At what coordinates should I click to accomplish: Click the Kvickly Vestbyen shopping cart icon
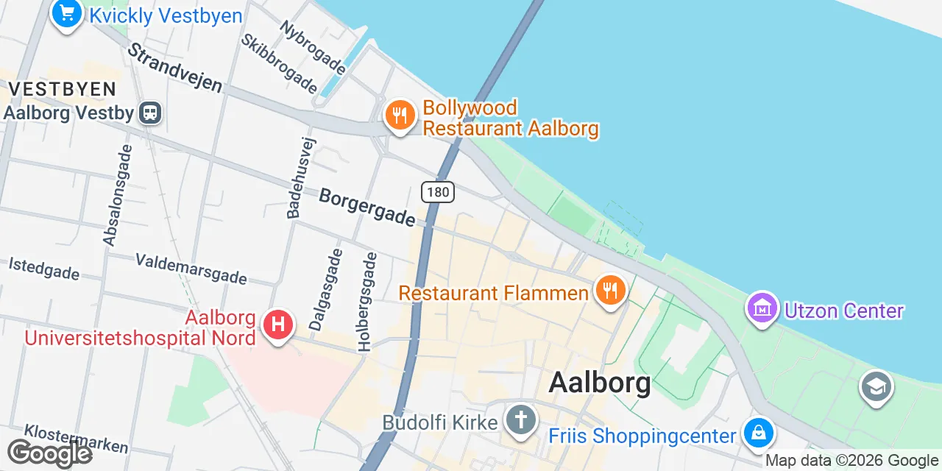click(x=66, y=13)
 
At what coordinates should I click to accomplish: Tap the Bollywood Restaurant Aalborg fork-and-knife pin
click(x=400, y=116)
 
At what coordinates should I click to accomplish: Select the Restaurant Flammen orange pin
click(x=609, y=291)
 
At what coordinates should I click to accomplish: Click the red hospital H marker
click(x=278, y=325)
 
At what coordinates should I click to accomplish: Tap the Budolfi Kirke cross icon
click(x=521, y=421)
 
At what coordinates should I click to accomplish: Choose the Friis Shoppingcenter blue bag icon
click(x=758, y=433)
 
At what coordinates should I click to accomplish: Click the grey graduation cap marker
click(x=876, y=386)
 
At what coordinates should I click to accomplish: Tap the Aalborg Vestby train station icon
click(x=151, y=113)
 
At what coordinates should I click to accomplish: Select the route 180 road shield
click(x=438, y=192)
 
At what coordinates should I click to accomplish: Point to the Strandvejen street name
click(x=175, y=67)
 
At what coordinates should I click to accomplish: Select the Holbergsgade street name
click(x=367, y=301)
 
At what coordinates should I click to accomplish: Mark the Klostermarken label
click(x=77, y=439)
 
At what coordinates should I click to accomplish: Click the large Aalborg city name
click(x=600, y=383)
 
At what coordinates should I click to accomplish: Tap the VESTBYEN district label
click(x=63, y=90)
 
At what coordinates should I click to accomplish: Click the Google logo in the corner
click(x=49, y=453)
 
